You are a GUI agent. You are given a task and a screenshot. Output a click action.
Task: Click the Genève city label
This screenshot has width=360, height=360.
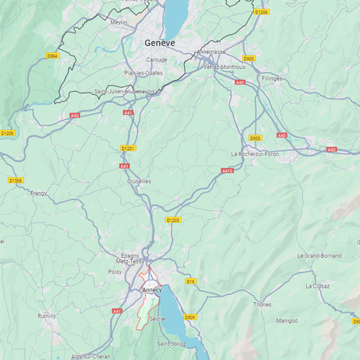point(159,43)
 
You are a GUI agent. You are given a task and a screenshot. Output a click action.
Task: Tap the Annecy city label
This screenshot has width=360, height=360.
point(151,290)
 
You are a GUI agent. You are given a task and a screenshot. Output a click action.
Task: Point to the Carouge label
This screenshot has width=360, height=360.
point(156,59)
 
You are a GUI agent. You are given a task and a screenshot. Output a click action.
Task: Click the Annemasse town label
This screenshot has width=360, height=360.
point(210,52)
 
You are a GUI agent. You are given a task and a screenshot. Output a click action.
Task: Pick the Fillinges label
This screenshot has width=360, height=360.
point(271,79)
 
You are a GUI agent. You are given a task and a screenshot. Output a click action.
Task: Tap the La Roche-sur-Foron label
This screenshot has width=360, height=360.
point(255,154)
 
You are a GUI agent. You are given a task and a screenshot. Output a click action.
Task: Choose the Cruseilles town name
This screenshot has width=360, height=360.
point(139,181)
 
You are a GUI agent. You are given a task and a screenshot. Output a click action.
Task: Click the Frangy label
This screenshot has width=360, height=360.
point(38,193)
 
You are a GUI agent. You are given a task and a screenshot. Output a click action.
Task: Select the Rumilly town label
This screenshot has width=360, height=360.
point(48,316)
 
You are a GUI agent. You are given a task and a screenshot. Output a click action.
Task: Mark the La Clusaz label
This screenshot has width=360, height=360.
point(320,285)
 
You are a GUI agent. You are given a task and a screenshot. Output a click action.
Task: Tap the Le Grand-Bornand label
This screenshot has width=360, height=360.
point(319,256)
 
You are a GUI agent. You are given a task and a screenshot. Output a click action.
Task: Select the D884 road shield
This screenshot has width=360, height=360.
point(52,56)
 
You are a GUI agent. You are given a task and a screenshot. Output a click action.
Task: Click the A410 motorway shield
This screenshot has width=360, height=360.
point(228,170)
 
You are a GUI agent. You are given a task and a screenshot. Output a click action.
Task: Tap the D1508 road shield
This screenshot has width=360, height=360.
point(15,181)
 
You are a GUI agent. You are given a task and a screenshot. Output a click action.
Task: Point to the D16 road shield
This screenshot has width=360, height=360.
point(190,281)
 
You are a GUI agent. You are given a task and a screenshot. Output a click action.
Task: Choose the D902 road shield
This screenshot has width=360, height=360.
point(249,58)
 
